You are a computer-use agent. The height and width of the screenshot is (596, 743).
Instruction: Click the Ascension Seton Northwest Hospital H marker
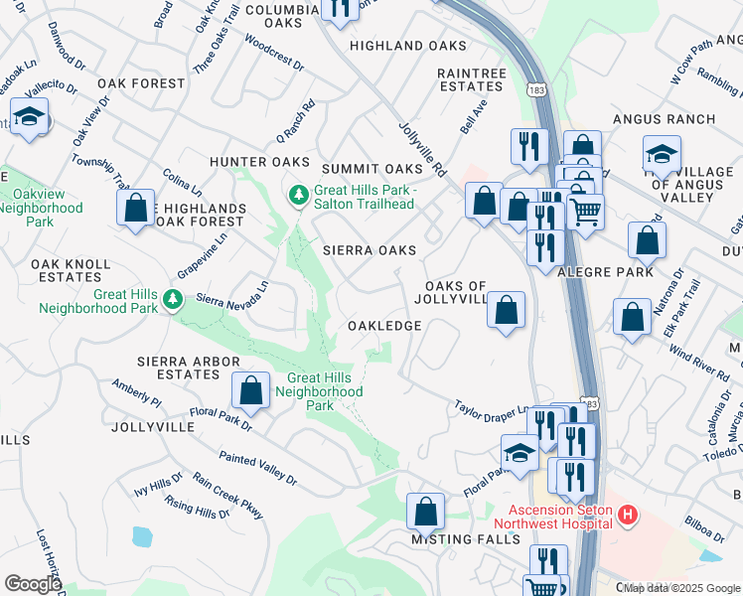pyautogui.click(x=627, y=516)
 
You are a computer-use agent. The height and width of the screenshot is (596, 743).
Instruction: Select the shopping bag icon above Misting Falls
pyautogui.click(x=425, y=512)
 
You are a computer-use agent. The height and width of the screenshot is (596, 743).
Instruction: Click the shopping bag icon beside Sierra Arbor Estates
pyautogui.click(x=251, y=389)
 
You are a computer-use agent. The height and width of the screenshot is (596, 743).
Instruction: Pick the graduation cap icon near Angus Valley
pyautogui.click(x=662, y=155)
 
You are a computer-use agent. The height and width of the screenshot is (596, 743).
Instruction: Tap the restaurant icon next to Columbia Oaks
pyautogui.click(x=341, y=9)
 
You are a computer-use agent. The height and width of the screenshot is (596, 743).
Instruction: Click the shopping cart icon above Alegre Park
pyautogui.click(x=586, y=211)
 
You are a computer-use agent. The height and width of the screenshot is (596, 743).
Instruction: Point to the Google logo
pyautogui.click(x=33, y=583)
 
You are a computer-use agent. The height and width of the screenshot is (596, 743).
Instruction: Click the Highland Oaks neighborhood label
pyautogui.click(x=407, y=46)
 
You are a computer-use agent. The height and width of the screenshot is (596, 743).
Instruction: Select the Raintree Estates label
pyautogui.click(x=471, y=79)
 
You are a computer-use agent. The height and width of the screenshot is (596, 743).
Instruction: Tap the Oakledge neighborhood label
pyautogui.click(x=384, y=326)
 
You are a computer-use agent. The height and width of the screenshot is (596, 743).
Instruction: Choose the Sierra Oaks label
pyautogui.click(x=370, y=251)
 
